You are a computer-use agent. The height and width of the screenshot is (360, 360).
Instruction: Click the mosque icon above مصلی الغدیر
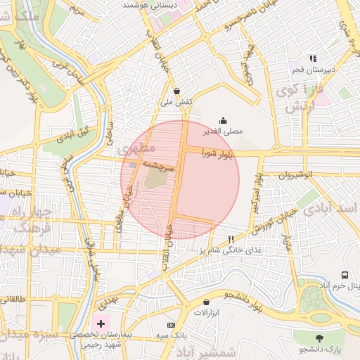click(224, 120)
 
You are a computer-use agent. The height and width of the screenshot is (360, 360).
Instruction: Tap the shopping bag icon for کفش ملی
click(176, 91)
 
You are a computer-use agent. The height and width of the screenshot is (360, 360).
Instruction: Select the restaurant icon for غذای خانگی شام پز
click(231, 240)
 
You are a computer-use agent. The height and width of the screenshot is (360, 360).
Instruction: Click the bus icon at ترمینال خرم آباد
click(345, 275)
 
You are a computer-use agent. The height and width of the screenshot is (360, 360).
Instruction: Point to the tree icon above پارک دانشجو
click(320, 338)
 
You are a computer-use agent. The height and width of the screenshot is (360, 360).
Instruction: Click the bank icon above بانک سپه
click(172, 326)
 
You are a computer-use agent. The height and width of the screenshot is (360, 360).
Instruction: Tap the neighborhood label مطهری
click(131, 149)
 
